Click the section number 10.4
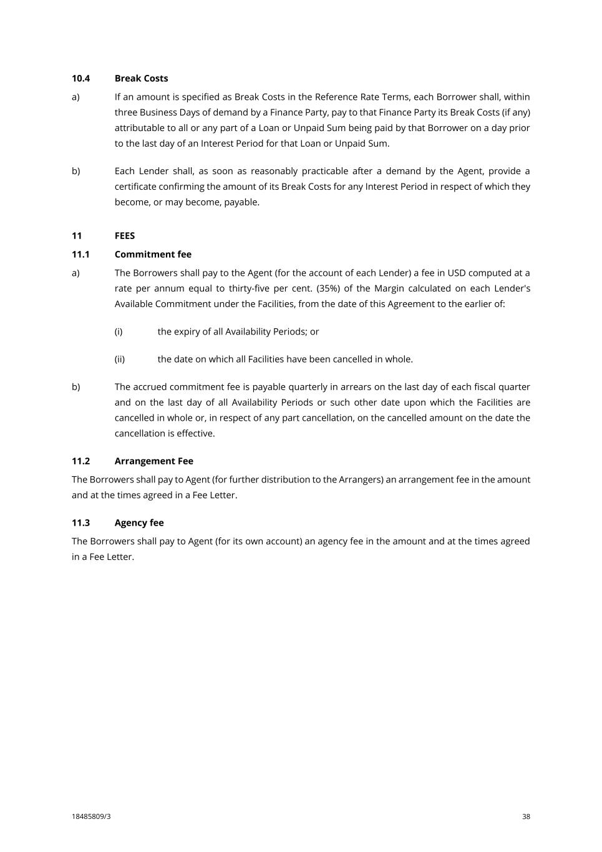pos(80,78)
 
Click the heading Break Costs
pos(141,78)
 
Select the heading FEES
pos(125,235)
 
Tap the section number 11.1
pos(80,254)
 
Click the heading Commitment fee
pos(153,254)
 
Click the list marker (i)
pos(119,331)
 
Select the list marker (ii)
pos(119,359)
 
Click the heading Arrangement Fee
pos(153,461)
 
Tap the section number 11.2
pos(80,461)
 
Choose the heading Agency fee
pos(139,522)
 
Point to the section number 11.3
pos(80,522)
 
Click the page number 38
pos(526,816)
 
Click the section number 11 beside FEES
pos(77,235)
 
